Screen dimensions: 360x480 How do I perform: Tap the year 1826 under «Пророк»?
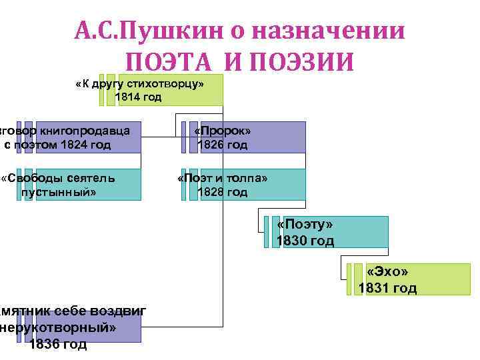click(x=211, y=145)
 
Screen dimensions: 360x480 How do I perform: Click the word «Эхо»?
click(x=387, y=273)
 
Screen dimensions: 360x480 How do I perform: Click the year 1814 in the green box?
click(x=128, y=97)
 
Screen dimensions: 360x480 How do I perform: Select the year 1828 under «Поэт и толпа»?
click(x=211, y=192)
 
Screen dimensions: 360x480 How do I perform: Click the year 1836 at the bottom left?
click(x=43, y=345)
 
